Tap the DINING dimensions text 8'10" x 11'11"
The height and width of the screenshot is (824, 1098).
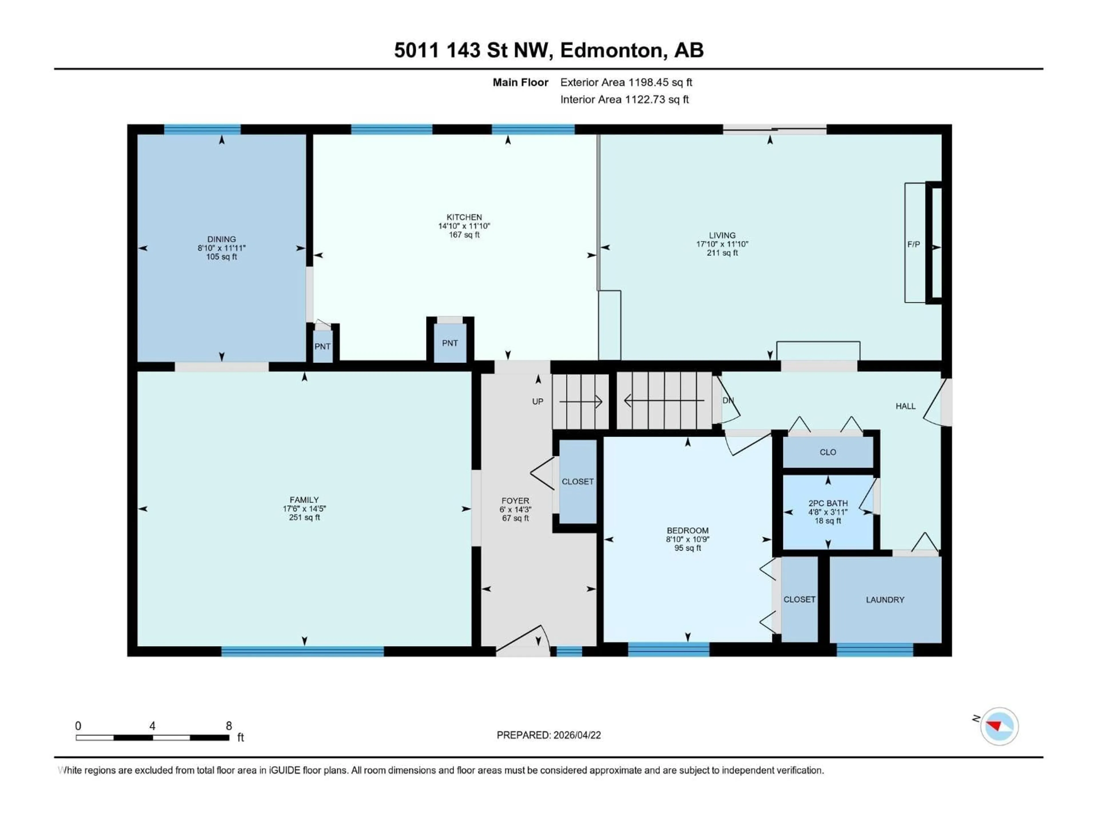pyautogui.click(x=221, y=248)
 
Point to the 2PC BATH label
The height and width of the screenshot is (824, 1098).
pyautogui.click(x=828, y=503)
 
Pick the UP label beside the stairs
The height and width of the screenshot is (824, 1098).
pyautogui.click(x=538, y=401)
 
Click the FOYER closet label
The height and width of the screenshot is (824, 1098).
pyautogui.click(x=577, y=481)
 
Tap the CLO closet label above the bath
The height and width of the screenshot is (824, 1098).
pyautogui.click(x=828, y=452)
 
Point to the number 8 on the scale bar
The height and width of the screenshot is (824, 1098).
pyautogui.click(x=229, y=726)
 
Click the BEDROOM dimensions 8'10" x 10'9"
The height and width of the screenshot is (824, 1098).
pyautogui.click(x=687, y=539)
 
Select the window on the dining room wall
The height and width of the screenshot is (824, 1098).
pyautogui.click(x=202, y=130)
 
